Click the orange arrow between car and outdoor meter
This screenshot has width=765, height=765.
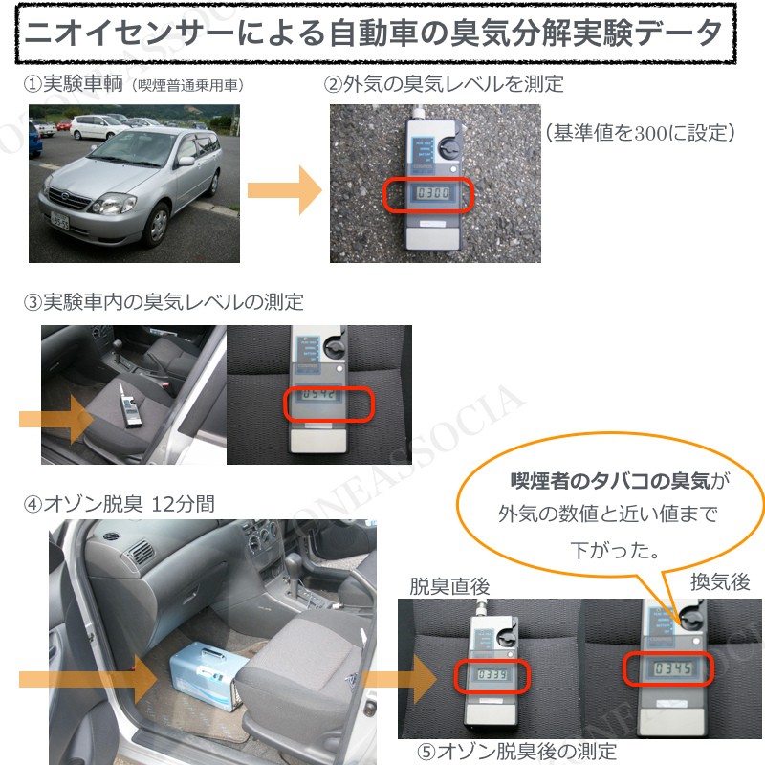[x=285, y=189]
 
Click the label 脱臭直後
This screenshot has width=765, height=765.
[x=449, y=585]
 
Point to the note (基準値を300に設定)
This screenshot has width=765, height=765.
[x=640, y=132]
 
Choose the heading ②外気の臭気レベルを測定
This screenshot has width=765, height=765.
[x=444, y=84]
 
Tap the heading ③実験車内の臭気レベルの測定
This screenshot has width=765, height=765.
[x=164, y=302]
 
